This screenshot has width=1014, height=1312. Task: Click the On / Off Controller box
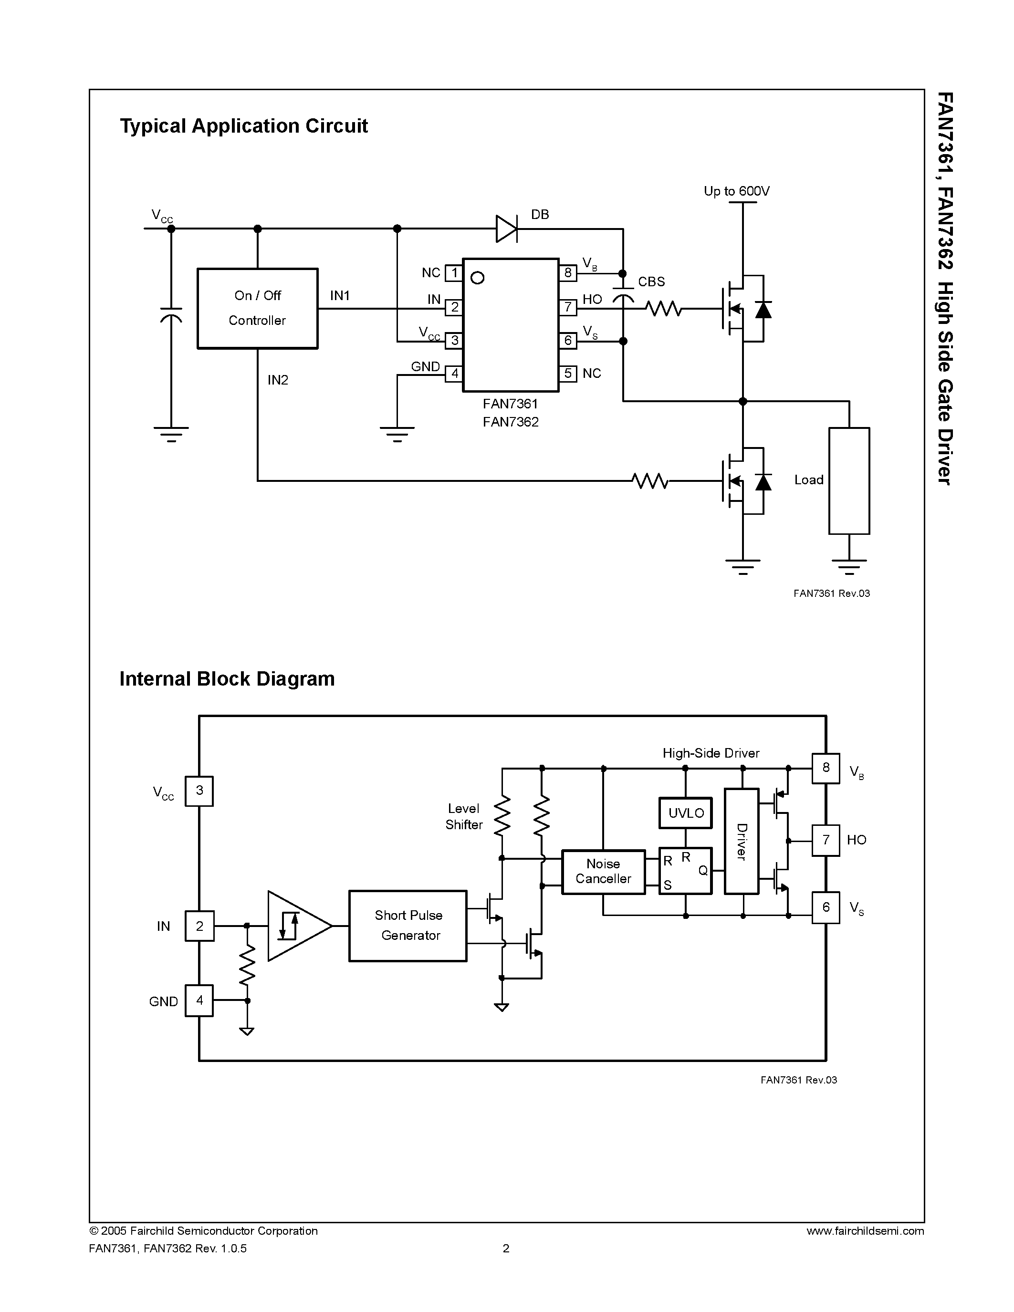coord(257,308)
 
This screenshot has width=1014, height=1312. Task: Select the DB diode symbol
coord(506,229)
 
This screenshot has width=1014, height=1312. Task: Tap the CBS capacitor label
coord(651,282)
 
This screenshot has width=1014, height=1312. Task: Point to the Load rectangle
coord(849,480)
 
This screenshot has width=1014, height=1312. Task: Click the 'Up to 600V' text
coord(736,191)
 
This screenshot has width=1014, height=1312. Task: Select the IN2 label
coord(278,380)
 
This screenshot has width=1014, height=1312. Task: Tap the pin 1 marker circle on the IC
coord(478,278)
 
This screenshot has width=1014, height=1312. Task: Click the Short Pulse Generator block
coord(408,926)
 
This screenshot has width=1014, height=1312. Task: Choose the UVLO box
coord(685,813)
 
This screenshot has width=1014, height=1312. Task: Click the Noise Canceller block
coord(603,871)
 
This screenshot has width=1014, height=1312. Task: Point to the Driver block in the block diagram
coord(742,841)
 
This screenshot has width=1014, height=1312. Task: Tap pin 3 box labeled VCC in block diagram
coord(199,791)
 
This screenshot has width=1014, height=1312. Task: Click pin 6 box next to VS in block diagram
coord(826,907)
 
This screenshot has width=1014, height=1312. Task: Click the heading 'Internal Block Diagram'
coord(227,679)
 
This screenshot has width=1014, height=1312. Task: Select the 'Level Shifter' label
coord(464,816)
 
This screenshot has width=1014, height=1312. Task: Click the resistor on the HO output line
coord(663,309)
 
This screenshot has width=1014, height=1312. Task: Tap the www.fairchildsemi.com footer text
coord(865,1231)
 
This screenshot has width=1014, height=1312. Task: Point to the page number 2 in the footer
coord(506,1249)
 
